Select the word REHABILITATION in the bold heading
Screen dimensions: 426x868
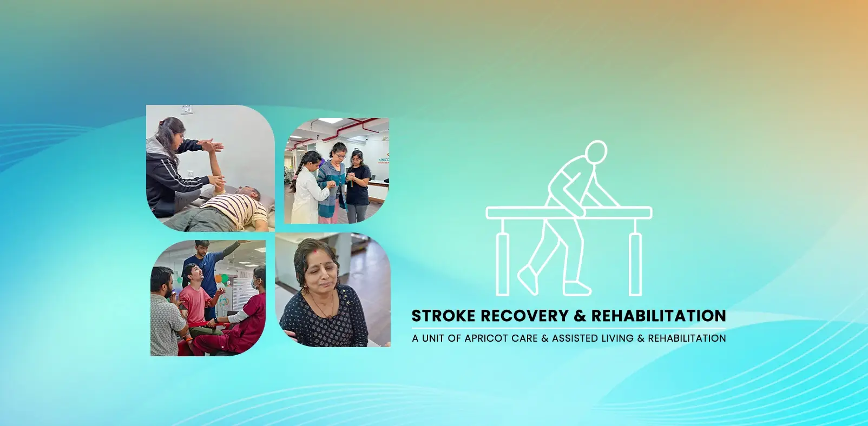point(658,316)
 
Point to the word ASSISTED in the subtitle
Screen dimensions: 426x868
point(575,338)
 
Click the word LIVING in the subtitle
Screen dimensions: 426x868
point(617,338)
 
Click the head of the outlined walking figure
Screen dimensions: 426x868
point(596,151)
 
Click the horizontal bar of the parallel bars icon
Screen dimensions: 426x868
point(568,212)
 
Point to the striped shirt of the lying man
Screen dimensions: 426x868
point(236,208)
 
